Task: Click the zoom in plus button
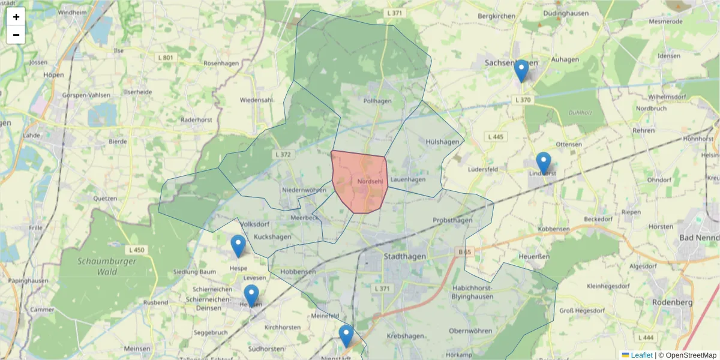point(16,17)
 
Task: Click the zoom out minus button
point(16,35)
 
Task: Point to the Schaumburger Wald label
point(107,266)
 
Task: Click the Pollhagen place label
point(377,101)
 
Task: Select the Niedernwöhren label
point(304,190)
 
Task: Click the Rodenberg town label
point(672,302)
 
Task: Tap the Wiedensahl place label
point(256,100)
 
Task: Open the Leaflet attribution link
point(641,355)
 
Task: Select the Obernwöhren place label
point(470,331)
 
